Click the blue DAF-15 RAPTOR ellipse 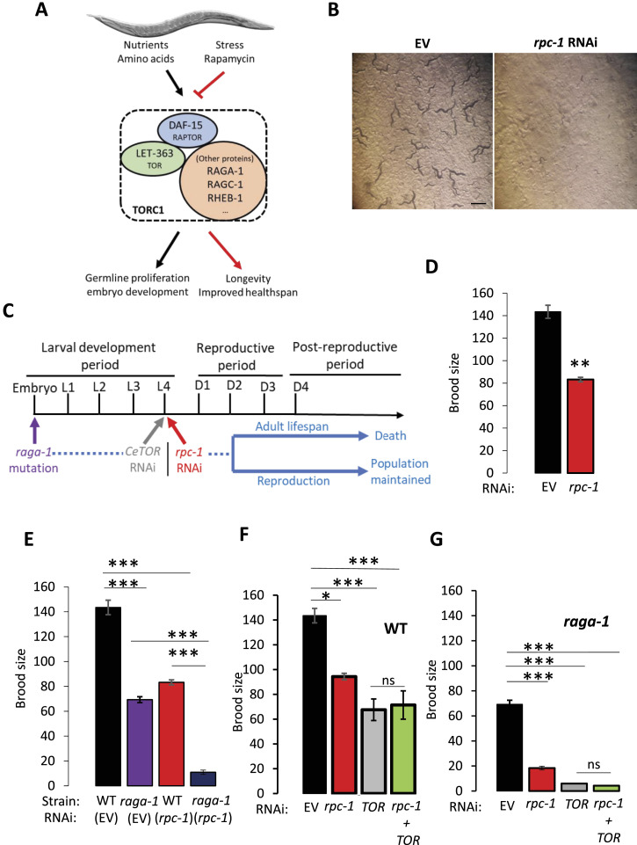pos(187,131)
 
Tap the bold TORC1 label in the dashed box pos(148,209)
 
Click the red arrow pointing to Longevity pos(225,250)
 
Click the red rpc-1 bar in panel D pos(581,426)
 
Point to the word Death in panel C pos(390,435)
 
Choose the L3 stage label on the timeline pos(134,386)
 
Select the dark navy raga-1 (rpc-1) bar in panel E pos(203,779)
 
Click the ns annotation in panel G pos(593,764)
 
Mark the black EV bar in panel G pos(509,747)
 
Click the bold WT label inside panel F pos(395,629)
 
